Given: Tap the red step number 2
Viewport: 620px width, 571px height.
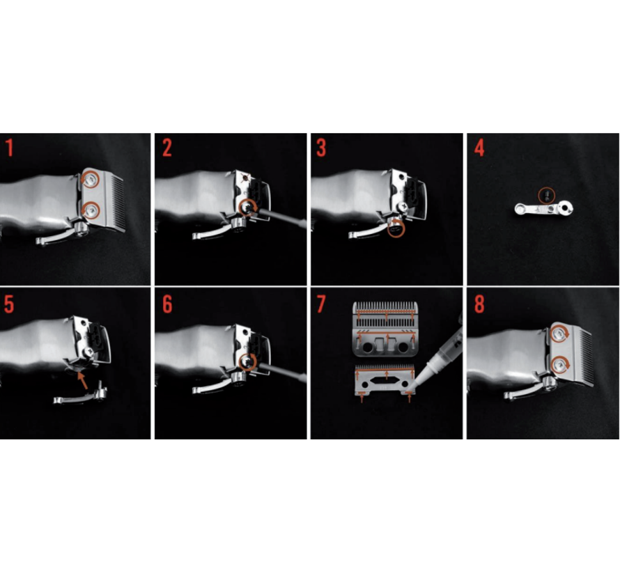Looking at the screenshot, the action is click(x=167, y=148).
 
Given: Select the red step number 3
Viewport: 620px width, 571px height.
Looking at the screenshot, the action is click(x=321, y=148).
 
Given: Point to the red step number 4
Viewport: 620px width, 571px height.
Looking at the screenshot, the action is click(x=479, y=148).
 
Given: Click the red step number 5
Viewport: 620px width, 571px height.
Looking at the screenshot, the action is click(x=9, y=304).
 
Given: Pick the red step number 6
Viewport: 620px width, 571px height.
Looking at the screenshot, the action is click(x=167, y=304).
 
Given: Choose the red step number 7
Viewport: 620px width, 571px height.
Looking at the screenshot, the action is click(x=321, y=304).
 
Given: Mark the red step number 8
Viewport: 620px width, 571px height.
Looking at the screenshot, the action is click(x=479, y=304).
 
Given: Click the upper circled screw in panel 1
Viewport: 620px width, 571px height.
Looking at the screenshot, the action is click(x=91, y=180).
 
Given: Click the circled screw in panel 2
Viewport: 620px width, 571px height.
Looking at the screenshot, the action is click(x=248, y=207).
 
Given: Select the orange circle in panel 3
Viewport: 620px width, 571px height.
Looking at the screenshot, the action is click(x=396, y=229).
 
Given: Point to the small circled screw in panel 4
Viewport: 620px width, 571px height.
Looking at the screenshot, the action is click(x=547, y=195).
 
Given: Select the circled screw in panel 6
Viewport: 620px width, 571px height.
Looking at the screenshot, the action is click(x=248, y=361).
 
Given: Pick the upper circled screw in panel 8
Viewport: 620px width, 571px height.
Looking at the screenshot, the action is click(x=559, y=335).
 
